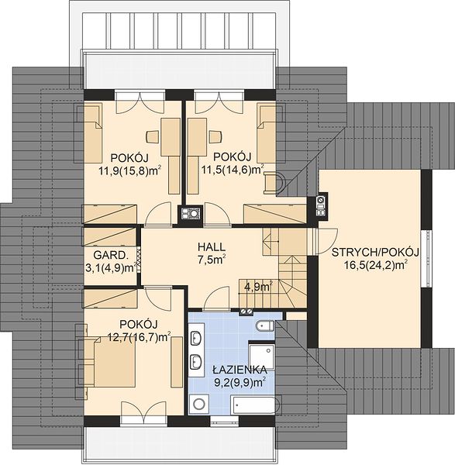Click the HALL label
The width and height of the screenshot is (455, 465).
point(212,246)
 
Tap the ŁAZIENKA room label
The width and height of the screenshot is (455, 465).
point(240,370)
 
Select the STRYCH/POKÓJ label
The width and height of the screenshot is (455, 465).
point(375,253)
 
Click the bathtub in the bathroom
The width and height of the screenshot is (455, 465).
point(256,405)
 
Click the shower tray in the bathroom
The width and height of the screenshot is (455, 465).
point(262,357)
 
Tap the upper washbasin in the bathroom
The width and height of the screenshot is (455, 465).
point(196,338)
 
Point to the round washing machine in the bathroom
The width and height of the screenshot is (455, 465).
point(198,404)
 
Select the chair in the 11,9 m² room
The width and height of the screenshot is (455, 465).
point(153,136)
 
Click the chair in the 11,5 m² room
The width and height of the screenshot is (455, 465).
point(215,136)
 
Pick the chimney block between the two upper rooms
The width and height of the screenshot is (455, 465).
point(191,214)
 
